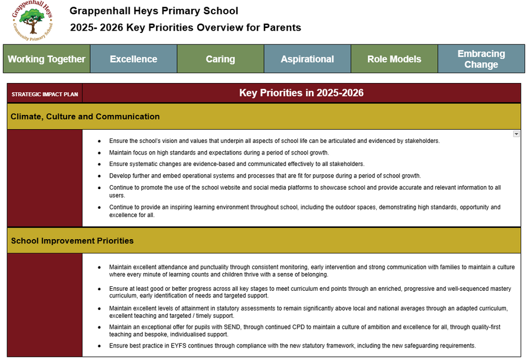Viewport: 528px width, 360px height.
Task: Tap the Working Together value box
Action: tap(46, 59)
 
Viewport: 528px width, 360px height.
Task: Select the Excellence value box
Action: tap(133, 59)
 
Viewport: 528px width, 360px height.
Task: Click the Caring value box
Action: tap(220, 59)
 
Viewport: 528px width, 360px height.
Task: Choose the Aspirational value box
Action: tap(307, 59)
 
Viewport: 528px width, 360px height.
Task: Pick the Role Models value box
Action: tap(394, 59)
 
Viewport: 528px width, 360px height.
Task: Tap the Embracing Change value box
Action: tap(481, 59)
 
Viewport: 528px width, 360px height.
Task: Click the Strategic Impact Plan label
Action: tap(45, 94)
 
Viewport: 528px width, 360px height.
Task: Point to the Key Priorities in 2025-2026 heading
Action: tap(301, 93)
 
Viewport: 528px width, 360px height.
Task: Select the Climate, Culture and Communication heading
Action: tap(85, 117)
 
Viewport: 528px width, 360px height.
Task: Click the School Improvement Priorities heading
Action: tap(72, 241)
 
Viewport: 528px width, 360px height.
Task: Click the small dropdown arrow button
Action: tap(516, 134)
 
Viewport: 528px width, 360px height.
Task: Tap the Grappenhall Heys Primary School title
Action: tap(154, 10)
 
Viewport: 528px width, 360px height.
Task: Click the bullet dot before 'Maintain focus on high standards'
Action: tap(99, 153)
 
